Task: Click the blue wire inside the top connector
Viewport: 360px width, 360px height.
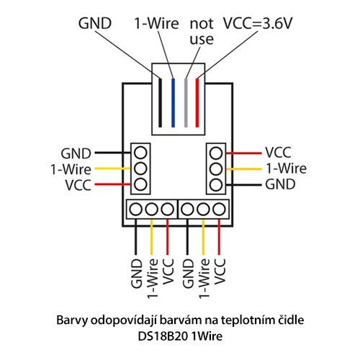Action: [173, 103]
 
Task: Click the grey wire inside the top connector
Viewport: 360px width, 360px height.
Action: [186, 103]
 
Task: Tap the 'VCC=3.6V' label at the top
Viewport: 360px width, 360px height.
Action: [258, 24]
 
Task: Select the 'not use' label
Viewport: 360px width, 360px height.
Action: [202, 31]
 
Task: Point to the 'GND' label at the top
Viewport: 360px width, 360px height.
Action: [95, 24]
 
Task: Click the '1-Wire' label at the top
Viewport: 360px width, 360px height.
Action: [157, 24]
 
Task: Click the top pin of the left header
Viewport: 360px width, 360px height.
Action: [140, 153]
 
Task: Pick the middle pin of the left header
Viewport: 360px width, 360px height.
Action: [140, 168]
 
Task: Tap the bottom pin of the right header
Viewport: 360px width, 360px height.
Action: [216, 185]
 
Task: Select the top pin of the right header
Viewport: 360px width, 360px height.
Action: [216, 153]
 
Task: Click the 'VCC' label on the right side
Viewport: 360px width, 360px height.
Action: [278, 153]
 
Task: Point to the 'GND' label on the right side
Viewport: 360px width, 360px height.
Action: [280, 184]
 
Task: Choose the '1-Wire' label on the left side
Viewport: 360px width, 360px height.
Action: [71, 169]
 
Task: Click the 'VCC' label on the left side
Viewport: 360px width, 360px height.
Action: [78, 185]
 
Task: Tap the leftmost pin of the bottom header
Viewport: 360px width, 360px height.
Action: [135, 210]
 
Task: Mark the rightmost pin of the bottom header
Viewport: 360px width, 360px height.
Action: [219, 210]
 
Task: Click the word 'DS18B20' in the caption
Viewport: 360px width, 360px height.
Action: [163, 336]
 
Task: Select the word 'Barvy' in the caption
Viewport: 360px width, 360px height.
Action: [72, 320]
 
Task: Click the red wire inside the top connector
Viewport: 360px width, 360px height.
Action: [197, 103]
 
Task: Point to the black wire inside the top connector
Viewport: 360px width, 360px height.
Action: [160, 103]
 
